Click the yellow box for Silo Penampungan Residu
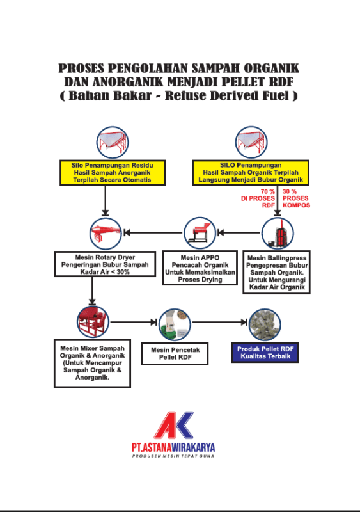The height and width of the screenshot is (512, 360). (113, 173)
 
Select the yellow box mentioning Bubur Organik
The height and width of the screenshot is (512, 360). (250, 173)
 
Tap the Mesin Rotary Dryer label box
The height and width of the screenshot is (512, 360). (105, 264)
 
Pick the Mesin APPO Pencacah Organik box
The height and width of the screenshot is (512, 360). (200, 268)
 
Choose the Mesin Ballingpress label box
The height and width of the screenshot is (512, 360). (276, 273)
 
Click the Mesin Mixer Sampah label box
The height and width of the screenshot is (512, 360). (92, 364)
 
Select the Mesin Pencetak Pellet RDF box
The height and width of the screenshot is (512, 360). (175, 354)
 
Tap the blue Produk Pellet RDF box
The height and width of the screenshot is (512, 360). (265, 353)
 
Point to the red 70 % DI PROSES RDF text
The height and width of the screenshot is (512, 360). (258, 198)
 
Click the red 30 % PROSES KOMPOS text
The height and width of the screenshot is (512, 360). (296, 198)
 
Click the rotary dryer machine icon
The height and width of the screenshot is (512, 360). (106, 234)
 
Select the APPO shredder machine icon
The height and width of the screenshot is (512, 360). (200, 233)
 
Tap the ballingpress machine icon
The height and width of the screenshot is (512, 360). (278, 233)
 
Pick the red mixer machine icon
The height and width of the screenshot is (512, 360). (93, 322)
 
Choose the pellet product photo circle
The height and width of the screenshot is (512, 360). (265, 324)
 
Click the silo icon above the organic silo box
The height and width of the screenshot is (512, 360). (251, 142)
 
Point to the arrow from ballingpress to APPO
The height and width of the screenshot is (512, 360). (239, 232)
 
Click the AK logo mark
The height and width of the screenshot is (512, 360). (173, 425)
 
